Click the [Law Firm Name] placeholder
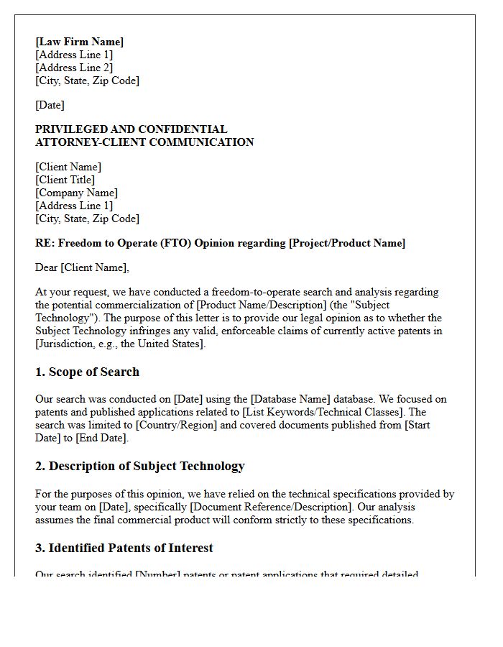tap(79, 42)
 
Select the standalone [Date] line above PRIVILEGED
tap(50, 105)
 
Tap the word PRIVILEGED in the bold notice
tap(70, 129)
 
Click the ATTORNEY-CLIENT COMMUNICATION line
tap(144, 142)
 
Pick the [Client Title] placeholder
tap(65, 180)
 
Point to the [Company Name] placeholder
tap(76, 193)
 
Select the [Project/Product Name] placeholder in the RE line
tap(347, 243)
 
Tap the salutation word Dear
tap(47, 267)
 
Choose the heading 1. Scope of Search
tap(87, 372)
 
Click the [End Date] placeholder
tap(103, 438)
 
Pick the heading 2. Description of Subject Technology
tap(139, 466)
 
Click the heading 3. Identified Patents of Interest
tap(124, 548)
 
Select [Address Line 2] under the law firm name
tap(74, 68)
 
